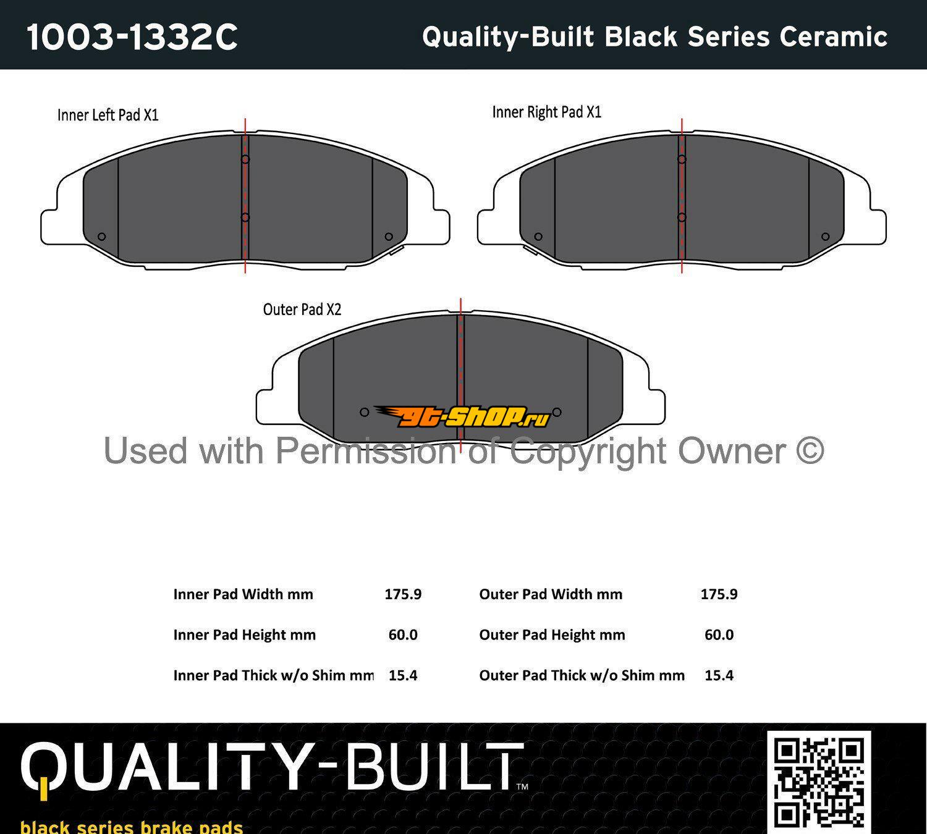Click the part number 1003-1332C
pos(132,36)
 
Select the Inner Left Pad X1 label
pos(108,115)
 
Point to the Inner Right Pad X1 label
pos(547,112)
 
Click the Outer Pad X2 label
pos(302,310)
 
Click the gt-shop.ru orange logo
pos(462,416)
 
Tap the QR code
pos(819,781)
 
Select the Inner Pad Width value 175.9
pos(403,594)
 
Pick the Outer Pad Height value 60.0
pos(719,635)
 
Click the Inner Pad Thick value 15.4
pos(403,675)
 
